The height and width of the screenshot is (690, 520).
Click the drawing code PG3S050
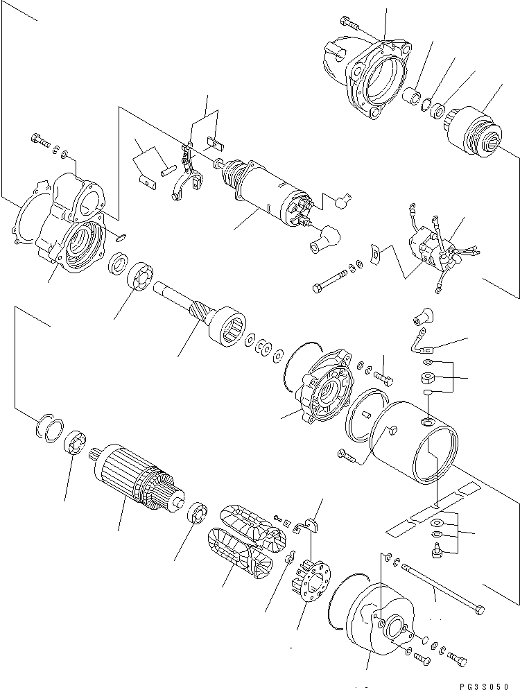tap(488, 681)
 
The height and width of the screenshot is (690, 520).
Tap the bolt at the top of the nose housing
tap(350, 24)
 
